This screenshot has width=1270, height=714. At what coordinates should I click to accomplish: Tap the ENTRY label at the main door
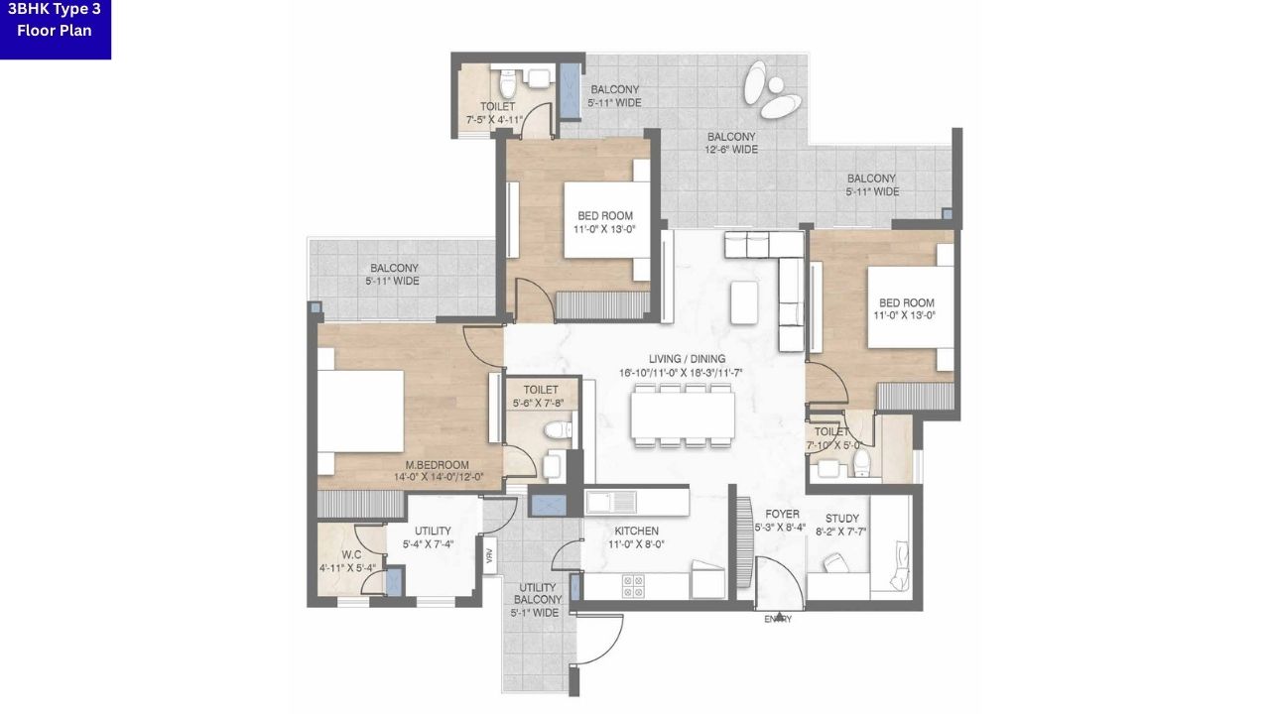[778, 619]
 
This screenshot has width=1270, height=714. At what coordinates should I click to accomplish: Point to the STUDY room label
[842, 519]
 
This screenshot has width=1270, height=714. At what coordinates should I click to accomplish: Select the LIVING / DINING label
[687, 359]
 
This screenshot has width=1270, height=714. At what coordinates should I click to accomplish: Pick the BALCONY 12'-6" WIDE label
[731, 137]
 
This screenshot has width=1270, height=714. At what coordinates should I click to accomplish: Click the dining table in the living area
[683, 415]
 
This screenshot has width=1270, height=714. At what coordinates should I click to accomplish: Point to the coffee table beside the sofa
[743, 300]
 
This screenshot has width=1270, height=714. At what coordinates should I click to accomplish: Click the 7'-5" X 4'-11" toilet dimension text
[494, 119]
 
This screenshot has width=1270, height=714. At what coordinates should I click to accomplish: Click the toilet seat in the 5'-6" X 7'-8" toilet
[558, 430]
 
